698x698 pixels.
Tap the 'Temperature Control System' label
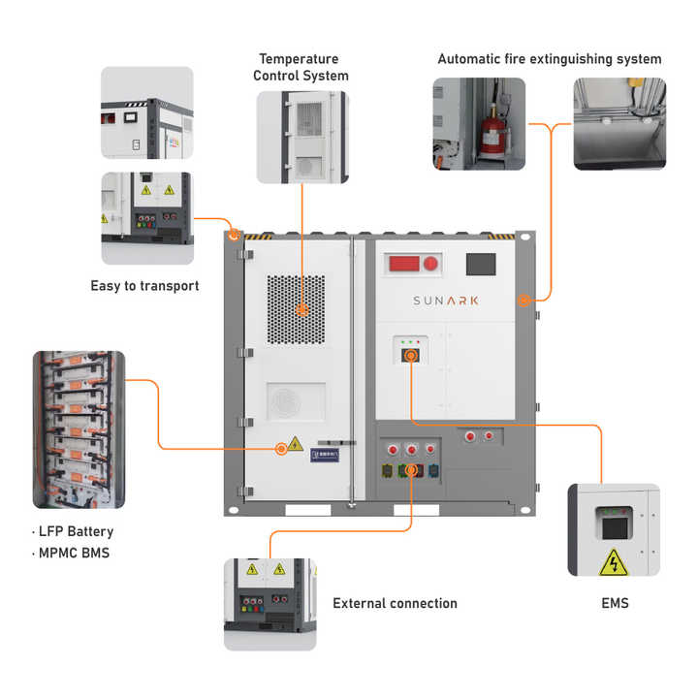coord(301,67)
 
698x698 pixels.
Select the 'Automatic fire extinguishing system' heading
coord(549,59)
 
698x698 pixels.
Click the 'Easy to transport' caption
coord(144,286)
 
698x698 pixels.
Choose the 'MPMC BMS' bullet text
coord(74,554)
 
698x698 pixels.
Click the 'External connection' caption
coord(395,603)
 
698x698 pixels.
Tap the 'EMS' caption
coord(615,603)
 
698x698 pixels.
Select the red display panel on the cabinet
coord(412,264)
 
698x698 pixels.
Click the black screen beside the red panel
coord(481,264)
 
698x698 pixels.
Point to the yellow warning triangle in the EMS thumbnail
coord(613,561)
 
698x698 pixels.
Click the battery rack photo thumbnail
coord(79,429)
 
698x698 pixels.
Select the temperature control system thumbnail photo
coord(301,137)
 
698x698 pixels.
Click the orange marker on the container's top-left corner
coord(234,235)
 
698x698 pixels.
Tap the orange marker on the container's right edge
coord(523,301)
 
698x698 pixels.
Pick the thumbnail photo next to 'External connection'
coord(270,603)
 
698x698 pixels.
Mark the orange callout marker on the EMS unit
coord(411,357)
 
